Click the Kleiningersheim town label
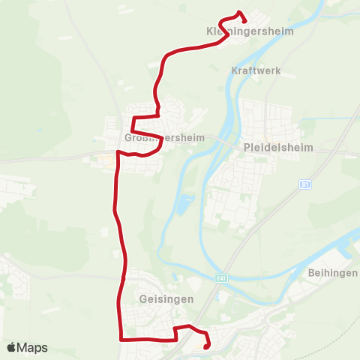click(250, 32)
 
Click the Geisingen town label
click(166, 298)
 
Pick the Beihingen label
click(332, 273)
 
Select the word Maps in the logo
click(32, 347)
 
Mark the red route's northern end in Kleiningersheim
click(239, 12)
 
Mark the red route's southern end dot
click(205, 346)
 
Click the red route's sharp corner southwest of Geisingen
click(121, 339)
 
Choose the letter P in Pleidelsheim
click(247, 148)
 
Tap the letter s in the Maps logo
click(44, 348)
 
